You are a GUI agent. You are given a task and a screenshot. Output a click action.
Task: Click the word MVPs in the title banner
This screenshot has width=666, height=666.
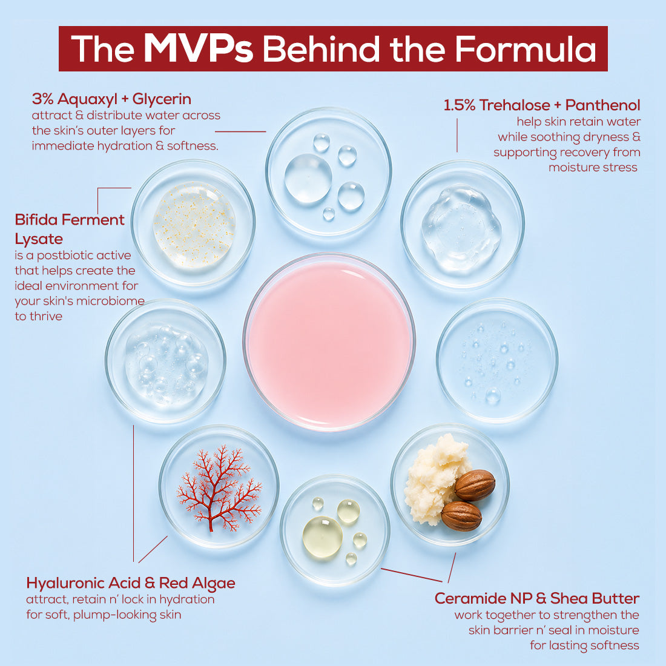[x=199, y=48]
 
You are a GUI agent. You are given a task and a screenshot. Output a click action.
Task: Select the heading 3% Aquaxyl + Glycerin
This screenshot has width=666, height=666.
[x=111, y=99]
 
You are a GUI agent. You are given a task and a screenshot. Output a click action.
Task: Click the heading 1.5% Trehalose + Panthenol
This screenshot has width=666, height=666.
[x=541, y=105]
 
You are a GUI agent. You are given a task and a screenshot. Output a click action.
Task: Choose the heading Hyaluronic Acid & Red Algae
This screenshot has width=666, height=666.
[x=130, y=583]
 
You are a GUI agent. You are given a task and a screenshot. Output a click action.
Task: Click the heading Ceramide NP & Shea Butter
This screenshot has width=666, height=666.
[x=537, y=598]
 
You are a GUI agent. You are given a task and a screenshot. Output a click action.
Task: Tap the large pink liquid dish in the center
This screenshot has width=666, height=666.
[x=329, y=342]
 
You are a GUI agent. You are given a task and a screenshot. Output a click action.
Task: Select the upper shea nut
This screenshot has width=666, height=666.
[x=475, y=485]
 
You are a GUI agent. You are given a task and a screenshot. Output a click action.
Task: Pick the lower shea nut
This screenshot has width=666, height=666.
[x=461, y=516]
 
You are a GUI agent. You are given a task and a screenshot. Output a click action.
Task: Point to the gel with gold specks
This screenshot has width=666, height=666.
[x=194, y=225]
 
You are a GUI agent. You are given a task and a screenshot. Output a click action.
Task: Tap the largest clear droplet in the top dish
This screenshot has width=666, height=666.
[x=308, y=178]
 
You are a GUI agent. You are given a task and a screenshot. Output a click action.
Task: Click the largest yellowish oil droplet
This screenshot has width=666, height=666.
[x=322, y=537]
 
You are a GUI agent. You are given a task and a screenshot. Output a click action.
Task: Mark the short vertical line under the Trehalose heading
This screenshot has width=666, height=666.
[x=457, y=135]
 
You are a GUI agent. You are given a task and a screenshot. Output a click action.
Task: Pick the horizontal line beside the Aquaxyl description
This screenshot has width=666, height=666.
[x=240, y=131]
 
